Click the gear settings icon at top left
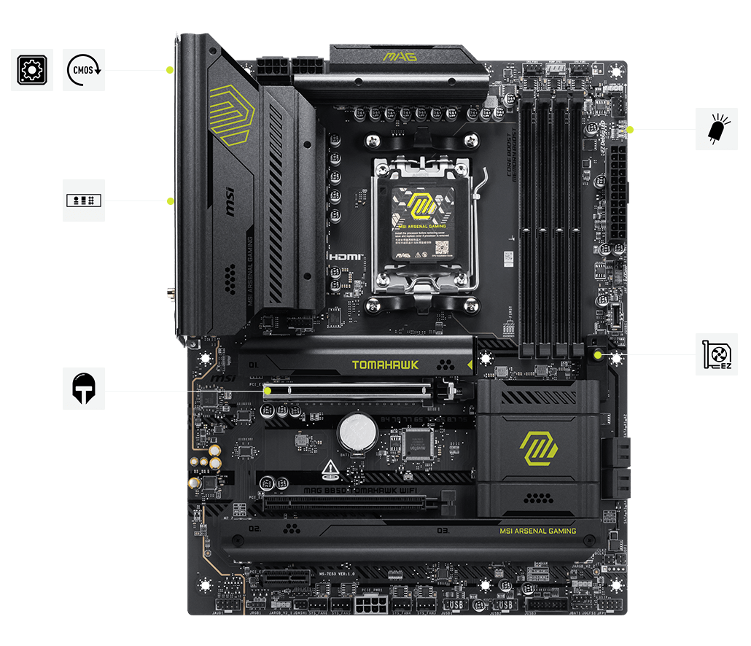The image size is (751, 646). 31,70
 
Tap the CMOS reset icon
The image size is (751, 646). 83,70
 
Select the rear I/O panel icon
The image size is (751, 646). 83,200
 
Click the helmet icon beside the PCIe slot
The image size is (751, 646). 83,388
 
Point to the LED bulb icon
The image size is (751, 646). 717,129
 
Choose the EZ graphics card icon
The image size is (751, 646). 717,355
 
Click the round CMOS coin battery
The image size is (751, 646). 357,433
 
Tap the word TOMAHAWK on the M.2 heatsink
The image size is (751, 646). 385,365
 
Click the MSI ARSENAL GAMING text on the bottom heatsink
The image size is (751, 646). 537,531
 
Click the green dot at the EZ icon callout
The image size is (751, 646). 598,355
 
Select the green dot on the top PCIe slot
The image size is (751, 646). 268,390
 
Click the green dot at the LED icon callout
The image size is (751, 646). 630,130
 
